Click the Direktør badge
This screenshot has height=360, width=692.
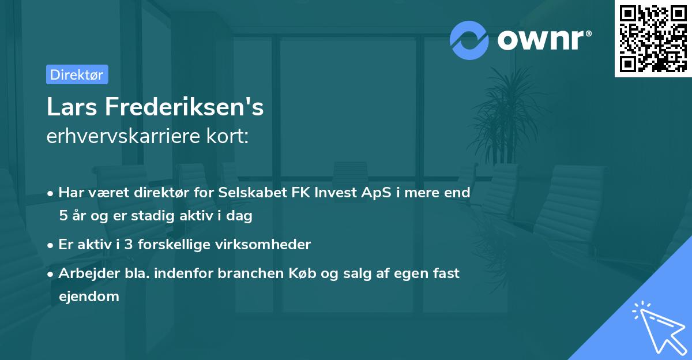click(x=77, y=74)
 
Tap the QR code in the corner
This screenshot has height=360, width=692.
click(x=653, y=38)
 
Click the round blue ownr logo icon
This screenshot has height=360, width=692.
click(x=469, y=40)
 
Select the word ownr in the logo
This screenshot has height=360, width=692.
click(x=544, y=39)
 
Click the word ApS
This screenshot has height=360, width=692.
click(x=371, y=193)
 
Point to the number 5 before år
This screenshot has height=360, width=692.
click(x=62, y=216)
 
